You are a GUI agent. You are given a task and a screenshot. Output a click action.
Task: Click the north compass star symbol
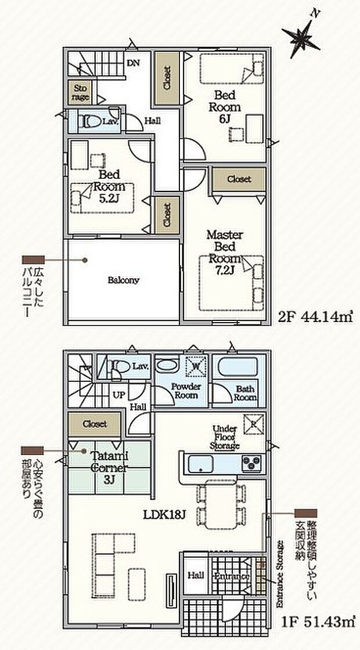(303, 38)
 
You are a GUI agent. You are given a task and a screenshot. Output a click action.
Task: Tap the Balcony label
(123, 280)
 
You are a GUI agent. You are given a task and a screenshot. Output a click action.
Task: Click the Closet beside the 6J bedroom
(167, 78)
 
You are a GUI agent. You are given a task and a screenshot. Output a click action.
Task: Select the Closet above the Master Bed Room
(239, 179)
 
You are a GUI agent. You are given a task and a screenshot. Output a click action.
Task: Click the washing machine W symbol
(195, 366)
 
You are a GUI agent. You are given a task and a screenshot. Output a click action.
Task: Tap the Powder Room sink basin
(169, 367)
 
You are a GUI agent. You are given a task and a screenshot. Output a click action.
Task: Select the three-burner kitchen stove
(252, 463)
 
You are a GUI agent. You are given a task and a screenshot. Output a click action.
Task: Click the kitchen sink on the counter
(203, 464)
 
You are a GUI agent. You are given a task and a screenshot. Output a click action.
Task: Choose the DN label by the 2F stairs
(132, 63)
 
